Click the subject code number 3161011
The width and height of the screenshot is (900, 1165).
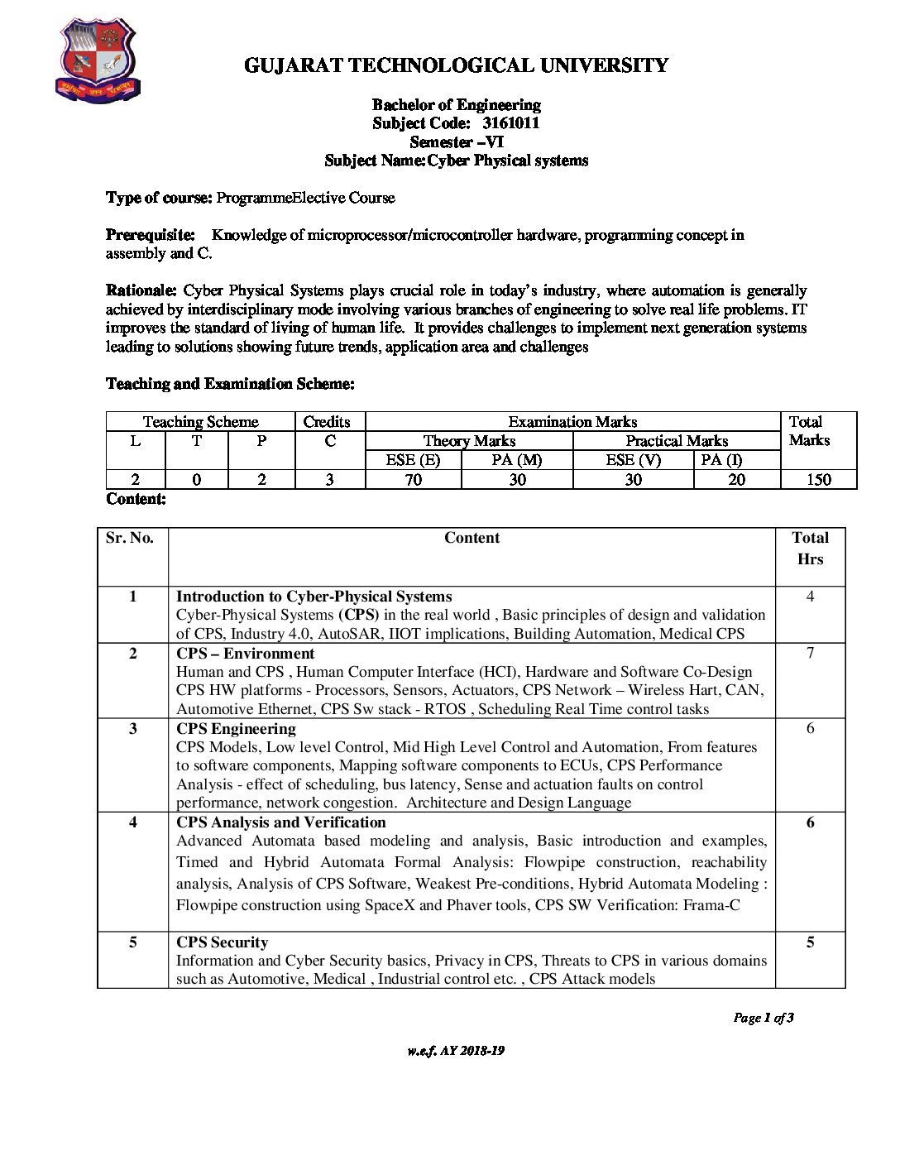[x=510, y=123]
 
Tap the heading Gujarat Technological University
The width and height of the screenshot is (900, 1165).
[x=456, y=65]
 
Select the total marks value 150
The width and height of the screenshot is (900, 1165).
[x=818, y=479]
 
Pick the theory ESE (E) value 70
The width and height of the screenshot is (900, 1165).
[x=413, y=479]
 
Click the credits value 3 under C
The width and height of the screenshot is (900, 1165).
[x=329, y=479]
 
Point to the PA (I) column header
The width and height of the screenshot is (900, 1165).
[x=721, y=460]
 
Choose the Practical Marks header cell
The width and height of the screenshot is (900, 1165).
[x=676, y=441]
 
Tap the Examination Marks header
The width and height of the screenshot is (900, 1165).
[x=572, y=422]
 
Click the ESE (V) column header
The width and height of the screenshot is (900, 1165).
[x=633, y=460]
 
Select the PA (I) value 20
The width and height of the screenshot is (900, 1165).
[x=736, y=479]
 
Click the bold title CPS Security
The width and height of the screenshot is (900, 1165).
[x=222, y=942]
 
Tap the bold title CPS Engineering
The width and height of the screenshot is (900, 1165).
[x=236, y=729]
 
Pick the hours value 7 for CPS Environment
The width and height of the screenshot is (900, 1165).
[x=810, y=654]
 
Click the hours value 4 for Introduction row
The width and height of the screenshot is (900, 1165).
[x=810, y=597]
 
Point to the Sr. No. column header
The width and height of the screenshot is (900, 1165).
[x=130, y=538]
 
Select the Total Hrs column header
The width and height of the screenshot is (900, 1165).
[x=810, y=548]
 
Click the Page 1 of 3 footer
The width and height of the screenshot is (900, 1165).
[x=763, y=1018]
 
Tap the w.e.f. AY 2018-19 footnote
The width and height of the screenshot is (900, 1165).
[x=456, y=1051]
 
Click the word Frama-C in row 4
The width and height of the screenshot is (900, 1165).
[x=711, y=905]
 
